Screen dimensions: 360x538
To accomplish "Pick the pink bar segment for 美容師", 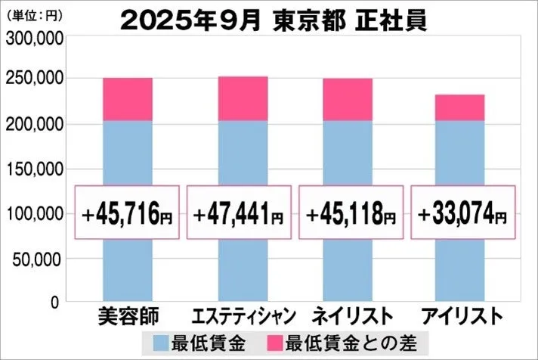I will (127, 99).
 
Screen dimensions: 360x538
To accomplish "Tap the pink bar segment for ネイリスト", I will (348, 99).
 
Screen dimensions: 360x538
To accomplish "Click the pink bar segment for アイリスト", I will (459, 107).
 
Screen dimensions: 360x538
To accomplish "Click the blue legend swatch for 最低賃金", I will (162, 341).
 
